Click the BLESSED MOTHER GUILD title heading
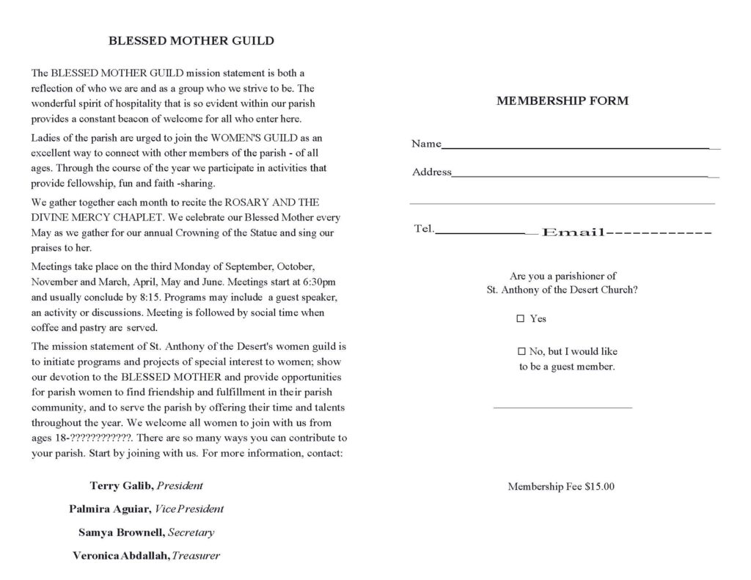pos(191,41)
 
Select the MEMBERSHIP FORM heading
pos(563,101)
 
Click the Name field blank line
pos(576,147)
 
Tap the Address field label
pos(432,173)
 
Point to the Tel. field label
pos(425,229)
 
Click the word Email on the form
pos(573,232)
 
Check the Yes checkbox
pos(521,319)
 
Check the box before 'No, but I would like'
pos(522,351)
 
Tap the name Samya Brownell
pos(122,532)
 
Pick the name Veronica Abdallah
pos(121,556)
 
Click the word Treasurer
pos(196,556)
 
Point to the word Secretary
pos(191,532)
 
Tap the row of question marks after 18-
pos(100,438)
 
